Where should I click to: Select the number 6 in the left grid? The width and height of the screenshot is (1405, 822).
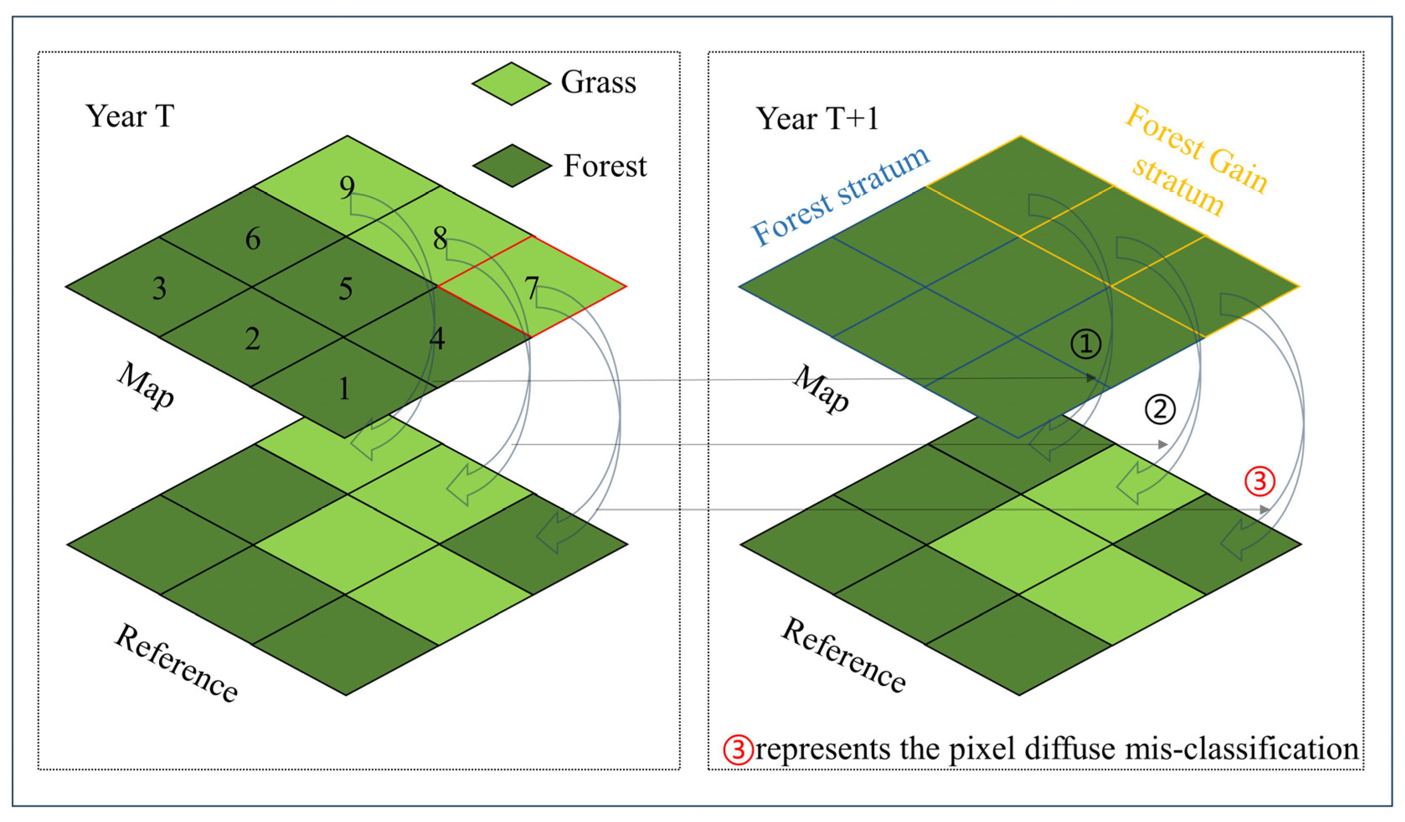coord(253,239)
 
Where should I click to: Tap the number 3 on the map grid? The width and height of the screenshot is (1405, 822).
coord(160,289)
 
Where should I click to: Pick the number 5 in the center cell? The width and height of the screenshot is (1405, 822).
coord(345,289)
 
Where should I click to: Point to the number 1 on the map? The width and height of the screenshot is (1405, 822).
coord(345,389)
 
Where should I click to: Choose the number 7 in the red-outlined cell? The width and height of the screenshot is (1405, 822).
coord(531,289)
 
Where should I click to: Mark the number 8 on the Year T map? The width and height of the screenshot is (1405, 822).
coord(440,239)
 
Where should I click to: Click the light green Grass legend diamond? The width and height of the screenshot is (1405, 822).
coord(511,84)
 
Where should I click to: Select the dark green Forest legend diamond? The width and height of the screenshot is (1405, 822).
coord(512,166)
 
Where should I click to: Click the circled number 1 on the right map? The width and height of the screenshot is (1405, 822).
coord(1085,344)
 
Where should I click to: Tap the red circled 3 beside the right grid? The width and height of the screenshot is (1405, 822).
coord(1260,481)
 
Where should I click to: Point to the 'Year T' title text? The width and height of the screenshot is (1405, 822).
coord(129,116)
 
